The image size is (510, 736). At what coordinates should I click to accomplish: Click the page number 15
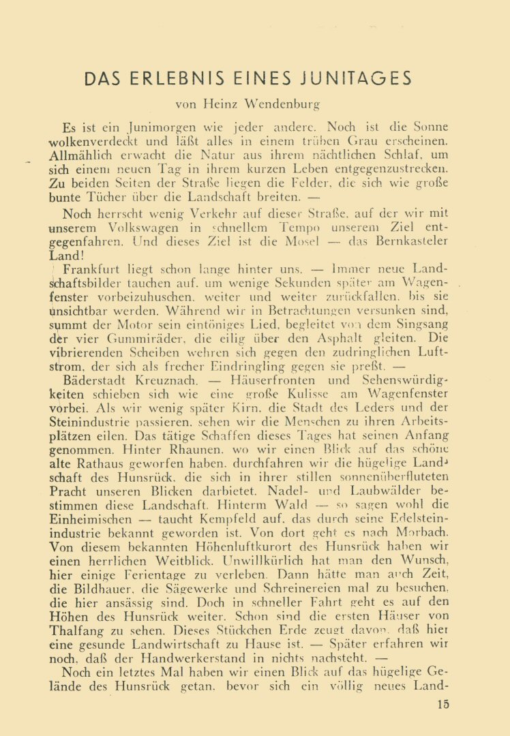(x=443, y=705)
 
